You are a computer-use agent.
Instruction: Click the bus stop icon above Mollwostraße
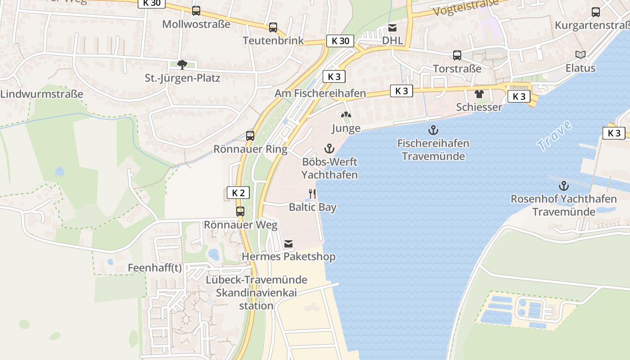coord(196,11)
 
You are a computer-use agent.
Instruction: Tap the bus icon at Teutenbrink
coord(273,27)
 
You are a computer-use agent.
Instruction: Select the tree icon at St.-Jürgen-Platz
coord(182,65)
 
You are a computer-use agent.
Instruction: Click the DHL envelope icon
coord(392,28)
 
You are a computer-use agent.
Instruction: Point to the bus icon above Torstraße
coord(457,55)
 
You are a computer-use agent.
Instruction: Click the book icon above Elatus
coord(580,55)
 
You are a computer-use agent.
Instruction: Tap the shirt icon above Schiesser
coord(479,94)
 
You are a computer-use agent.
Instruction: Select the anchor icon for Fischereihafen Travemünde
coord(433,130)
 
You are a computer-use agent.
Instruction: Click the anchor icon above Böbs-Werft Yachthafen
coord(329,148)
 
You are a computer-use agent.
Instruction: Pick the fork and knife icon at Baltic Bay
coord(312,194)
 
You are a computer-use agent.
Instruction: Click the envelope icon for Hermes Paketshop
coord(288,244)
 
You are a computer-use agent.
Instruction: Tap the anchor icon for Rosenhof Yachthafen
coord(563,185)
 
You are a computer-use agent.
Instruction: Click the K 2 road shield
coord(238,193)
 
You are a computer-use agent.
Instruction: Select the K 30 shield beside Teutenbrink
coord(340,41)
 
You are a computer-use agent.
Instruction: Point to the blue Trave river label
coord(554,135)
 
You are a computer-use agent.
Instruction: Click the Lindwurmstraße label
coord(42,94)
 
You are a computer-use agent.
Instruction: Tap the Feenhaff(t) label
coord(155,268)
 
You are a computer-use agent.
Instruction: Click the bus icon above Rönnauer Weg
coord(240,211)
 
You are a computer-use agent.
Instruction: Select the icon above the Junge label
coord(346,116)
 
